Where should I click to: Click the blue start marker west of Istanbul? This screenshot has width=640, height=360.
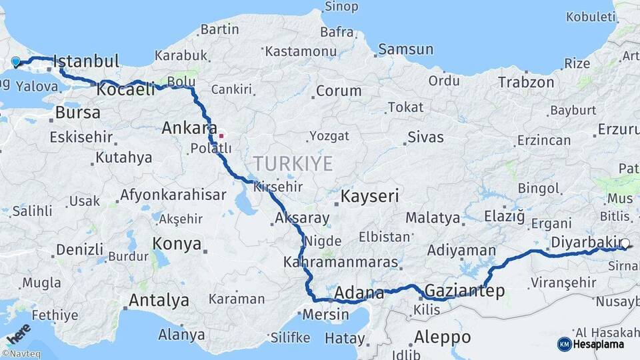15,62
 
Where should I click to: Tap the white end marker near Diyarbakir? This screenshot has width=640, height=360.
625,243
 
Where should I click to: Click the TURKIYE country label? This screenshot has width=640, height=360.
293,164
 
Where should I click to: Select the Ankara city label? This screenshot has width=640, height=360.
190,127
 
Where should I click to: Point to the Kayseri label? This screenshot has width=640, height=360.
369,196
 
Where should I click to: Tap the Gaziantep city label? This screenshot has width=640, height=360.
464,291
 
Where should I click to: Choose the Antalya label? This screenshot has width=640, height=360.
158,300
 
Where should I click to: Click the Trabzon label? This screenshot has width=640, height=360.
526,82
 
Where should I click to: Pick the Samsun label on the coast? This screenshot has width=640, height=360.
405,49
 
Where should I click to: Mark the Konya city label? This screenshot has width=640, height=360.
177,243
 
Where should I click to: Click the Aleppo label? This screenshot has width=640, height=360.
442,336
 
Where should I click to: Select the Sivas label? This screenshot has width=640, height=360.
425,137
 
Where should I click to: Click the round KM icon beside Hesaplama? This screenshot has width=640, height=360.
564,344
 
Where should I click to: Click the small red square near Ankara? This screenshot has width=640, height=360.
221,135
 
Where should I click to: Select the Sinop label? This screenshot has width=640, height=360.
341,7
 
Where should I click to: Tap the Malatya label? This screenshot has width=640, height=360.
433,217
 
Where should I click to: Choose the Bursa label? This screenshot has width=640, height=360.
77,113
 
